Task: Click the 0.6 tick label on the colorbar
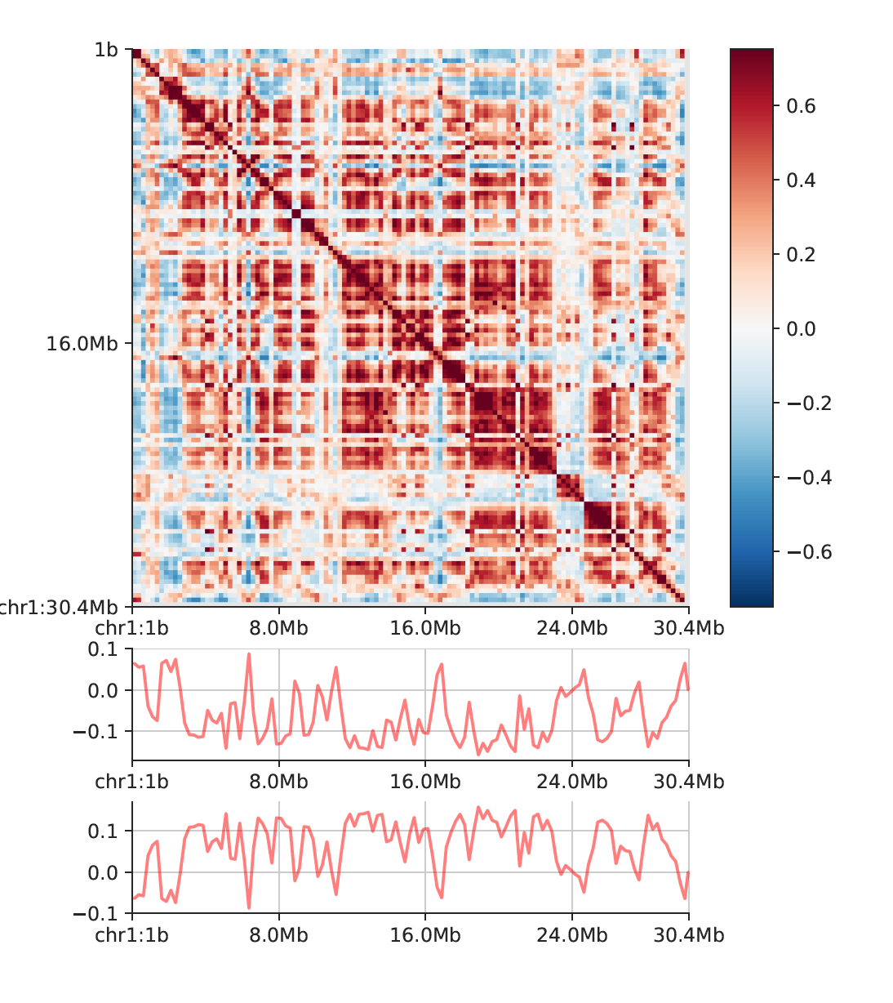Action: (801, 106)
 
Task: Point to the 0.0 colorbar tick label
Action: (801, 329)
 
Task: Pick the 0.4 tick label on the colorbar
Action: (801, 181)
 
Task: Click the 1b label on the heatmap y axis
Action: (106, 50)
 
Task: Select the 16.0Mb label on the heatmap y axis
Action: (82, 343)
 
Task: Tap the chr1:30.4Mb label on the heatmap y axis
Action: (57, 607)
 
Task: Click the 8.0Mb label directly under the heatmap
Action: (278, 628)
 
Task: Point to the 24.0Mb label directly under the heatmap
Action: (571, 628)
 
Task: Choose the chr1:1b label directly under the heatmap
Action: (132, 628)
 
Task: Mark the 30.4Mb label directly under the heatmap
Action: (688, 628)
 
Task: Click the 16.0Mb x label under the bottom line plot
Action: (424, 934)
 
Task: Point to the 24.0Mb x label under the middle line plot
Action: (571, 782)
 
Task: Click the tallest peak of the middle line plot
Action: (249, 654)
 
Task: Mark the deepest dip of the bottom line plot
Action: (249, 907)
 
